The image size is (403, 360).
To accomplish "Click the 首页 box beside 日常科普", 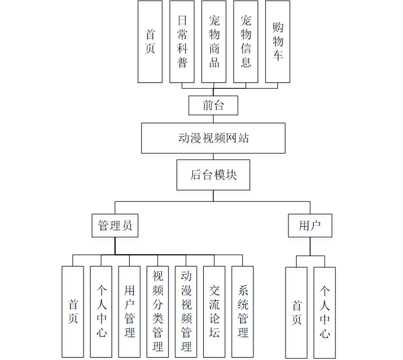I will pyautogui.click(x=150, y=41).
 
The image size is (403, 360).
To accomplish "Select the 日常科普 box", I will pyautogui.click(x=182, y=41).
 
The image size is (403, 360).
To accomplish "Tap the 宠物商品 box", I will pyautogui.click(x=214, y=41).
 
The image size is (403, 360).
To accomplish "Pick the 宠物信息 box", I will pyautogui.click(x=246, y=41).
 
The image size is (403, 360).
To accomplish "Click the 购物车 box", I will pyautogui.click(x=277, y=41).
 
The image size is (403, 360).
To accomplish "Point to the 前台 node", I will pyautogui.click(x=213, y=106).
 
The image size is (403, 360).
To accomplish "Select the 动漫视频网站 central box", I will pyautogui.click(x=213, y=139).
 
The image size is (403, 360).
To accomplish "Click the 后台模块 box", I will pyautogui.click(x=213, y=175).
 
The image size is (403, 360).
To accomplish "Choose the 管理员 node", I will pyautogui.click(x=115, y=226).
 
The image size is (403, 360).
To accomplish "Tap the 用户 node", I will pyautogui.click(x=310, y=226).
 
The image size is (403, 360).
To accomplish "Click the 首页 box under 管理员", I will pyautogui.click(x=73, y=311).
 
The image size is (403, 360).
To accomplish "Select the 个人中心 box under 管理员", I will pyautogui.click(x=101, y=311).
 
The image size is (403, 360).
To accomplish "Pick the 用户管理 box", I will pyautogui.click(x=129, y=311).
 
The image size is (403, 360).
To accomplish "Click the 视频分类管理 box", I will pyautogui.click(x=158, y=311).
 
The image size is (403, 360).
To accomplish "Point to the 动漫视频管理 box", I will pyautogui.click(x=186, y=311).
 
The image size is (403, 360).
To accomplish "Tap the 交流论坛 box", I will pyautogui.click(x=214, y=311).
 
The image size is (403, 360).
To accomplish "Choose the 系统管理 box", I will pyautogui.click(x=242, y=311).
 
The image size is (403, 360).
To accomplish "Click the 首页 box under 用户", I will pyautogui.click(x=296, y=313).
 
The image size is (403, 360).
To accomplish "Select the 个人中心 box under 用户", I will pyautogui.click(x=324, y=313).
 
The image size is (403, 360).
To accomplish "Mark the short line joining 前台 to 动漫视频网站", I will pyautogui.click(x=213, y=119).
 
